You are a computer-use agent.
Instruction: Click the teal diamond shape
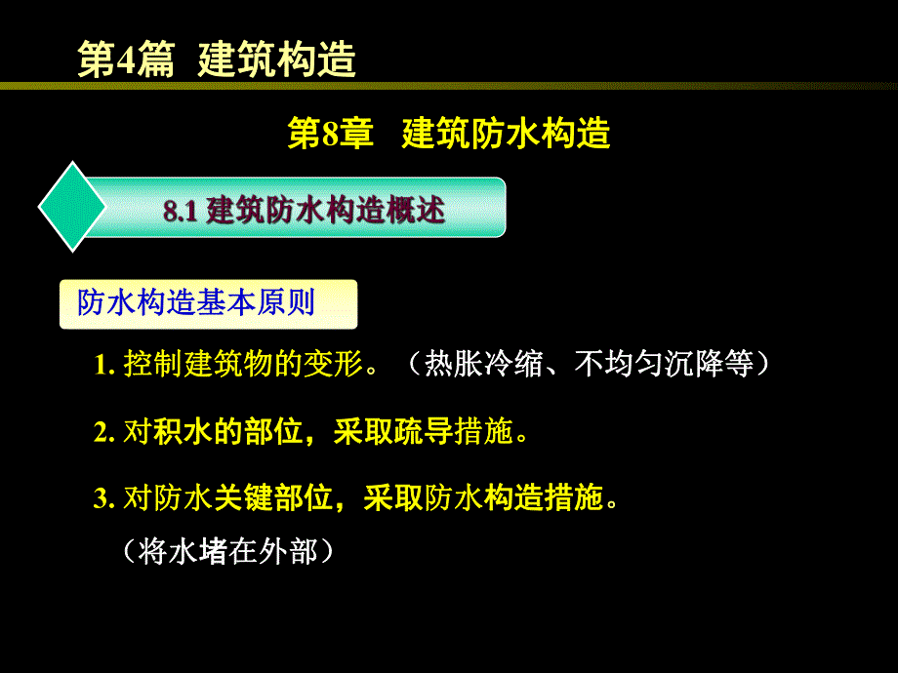point(72,207)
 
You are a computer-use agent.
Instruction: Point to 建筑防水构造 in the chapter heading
point(506,134)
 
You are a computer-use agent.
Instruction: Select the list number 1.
point(101,366)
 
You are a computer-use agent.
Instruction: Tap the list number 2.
point(101,432)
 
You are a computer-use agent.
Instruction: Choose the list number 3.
point(101,499)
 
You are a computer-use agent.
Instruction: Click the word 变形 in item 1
point(333,365)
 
